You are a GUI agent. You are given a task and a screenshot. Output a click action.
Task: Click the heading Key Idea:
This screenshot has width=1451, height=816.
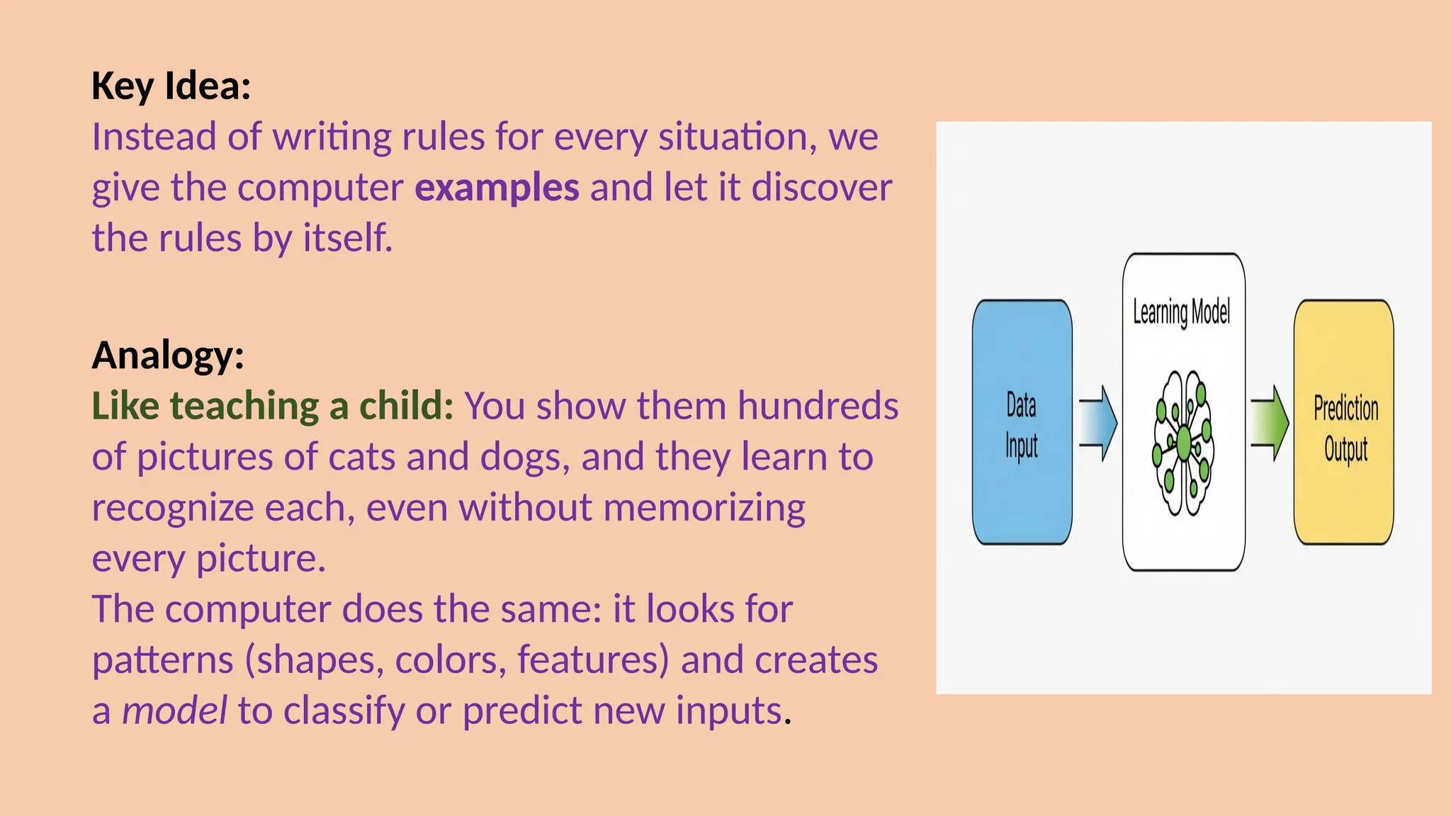pos(171,86)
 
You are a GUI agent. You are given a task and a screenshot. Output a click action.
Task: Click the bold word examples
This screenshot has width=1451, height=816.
pos(497,188)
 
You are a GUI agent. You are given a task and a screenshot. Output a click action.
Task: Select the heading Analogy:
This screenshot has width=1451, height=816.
pos(168,356)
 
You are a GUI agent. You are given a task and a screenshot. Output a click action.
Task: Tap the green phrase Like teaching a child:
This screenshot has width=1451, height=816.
pos(273,407)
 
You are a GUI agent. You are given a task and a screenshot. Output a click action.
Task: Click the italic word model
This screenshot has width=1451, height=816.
pos(174,711)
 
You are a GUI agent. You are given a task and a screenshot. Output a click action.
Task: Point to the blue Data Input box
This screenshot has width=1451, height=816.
pos(1021,423)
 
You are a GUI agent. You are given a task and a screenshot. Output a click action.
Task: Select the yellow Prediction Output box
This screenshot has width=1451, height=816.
pos(1343,423)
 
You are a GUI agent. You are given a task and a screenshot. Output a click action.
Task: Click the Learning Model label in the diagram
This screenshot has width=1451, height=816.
pos(1181,312)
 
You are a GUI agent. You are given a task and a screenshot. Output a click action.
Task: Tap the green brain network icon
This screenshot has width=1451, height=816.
pos(1183,443)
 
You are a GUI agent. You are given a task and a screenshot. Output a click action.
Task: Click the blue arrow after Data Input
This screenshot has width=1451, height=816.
pos(1098,424)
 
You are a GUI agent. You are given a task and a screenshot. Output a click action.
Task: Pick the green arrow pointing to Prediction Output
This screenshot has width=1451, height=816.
pos(1270,424)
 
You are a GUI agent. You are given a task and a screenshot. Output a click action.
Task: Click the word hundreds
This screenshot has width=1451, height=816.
pos(818,407)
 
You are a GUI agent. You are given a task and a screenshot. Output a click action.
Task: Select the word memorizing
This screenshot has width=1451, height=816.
pos(704,509)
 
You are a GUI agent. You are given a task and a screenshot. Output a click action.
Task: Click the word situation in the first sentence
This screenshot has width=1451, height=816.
pos(733,137)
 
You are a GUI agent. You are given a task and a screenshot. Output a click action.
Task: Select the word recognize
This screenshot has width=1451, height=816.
pos(172,509)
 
